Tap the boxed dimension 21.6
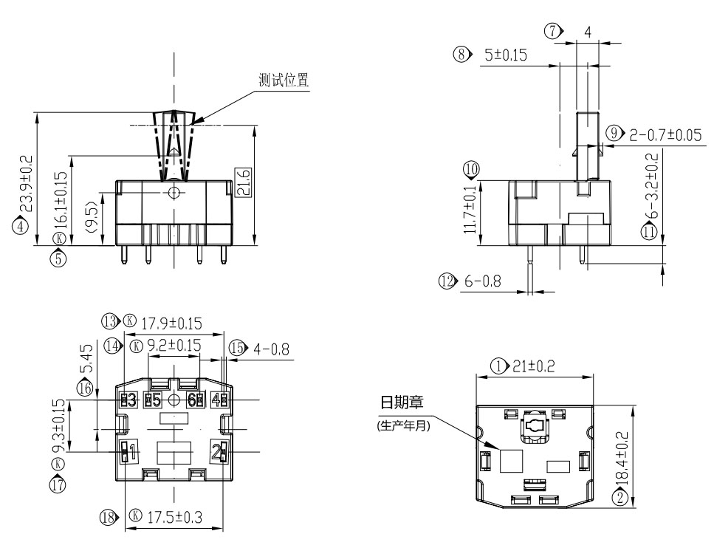pyautogui.click(x=244, y=182)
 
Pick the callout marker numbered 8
pyautogui.click(x=462, y=55)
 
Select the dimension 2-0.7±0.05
pyautogui.click(x=665, y=134)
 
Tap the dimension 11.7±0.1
pyautogui.click(x=470, y=210)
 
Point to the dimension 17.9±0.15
pyautogui.click(x=171, y=323)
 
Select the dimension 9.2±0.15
pyautogui.click(x=174, y=345)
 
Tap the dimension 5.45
pyautogui.click(x=86, y=357)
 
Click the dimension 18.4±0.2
pyautogui.click(x=622, y=459)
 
